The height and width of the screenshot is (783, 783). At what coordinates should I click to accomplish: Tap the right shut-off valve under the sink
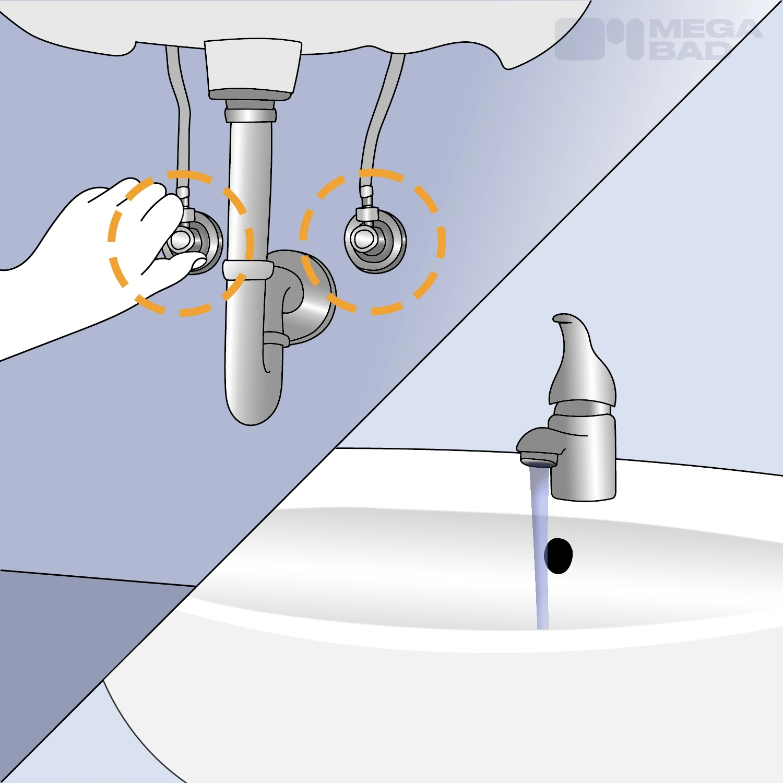[374, 241]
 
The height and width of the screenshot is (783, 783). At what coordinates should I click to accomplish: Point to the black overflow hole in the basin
[559, 556]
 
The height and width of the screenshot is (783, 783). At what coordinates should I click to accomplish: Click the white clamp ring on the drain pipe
[247, 270]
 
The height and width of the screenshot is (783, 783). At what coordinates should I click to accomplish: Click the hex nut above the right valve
[367, 213]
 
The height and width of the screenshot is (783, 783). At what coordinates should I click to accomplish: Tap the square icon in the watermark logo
[579, 40]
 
